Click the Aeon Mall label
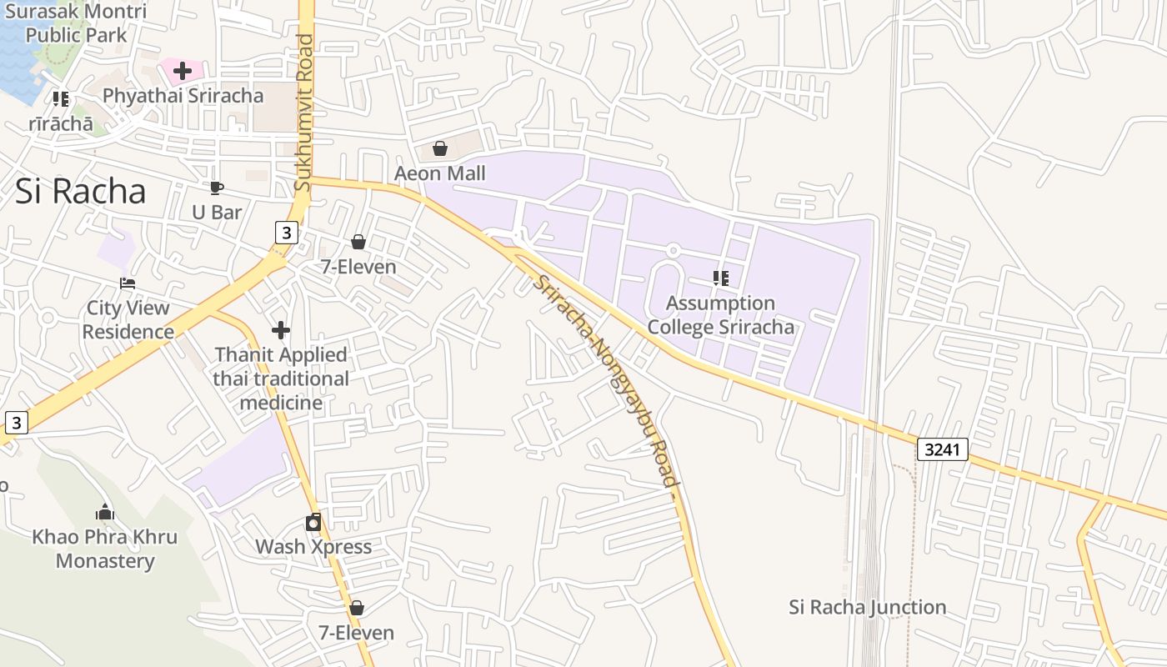(439, 173)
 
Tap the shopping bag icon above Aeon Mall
(439, 149)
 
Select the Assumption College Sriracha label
(721, 314)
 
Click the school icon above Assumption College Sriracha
(721, 278)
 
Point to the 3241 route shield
(944, 449)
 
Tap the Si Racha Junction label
(867, 607)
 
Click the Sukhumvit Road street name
(304, 112)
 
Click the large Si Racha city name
(81, 192)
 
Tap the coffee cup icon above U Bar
(217, 188)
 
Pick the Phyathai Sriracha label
(183, 96)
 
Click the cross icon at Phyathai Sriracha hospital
(183, 71)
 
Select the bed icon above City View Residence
(128, 283)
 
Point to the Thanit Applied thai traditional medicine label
(281, 379)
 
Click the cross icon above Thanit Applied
(281, 330)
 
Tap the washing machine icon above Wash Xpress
(313, 522)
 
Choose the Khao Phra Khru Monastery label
(105, 549)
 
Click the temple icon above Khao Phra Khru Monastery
(105, 512)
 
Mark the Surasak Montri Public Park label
(76, 23)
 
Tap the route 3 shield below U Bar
(286, 233)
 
